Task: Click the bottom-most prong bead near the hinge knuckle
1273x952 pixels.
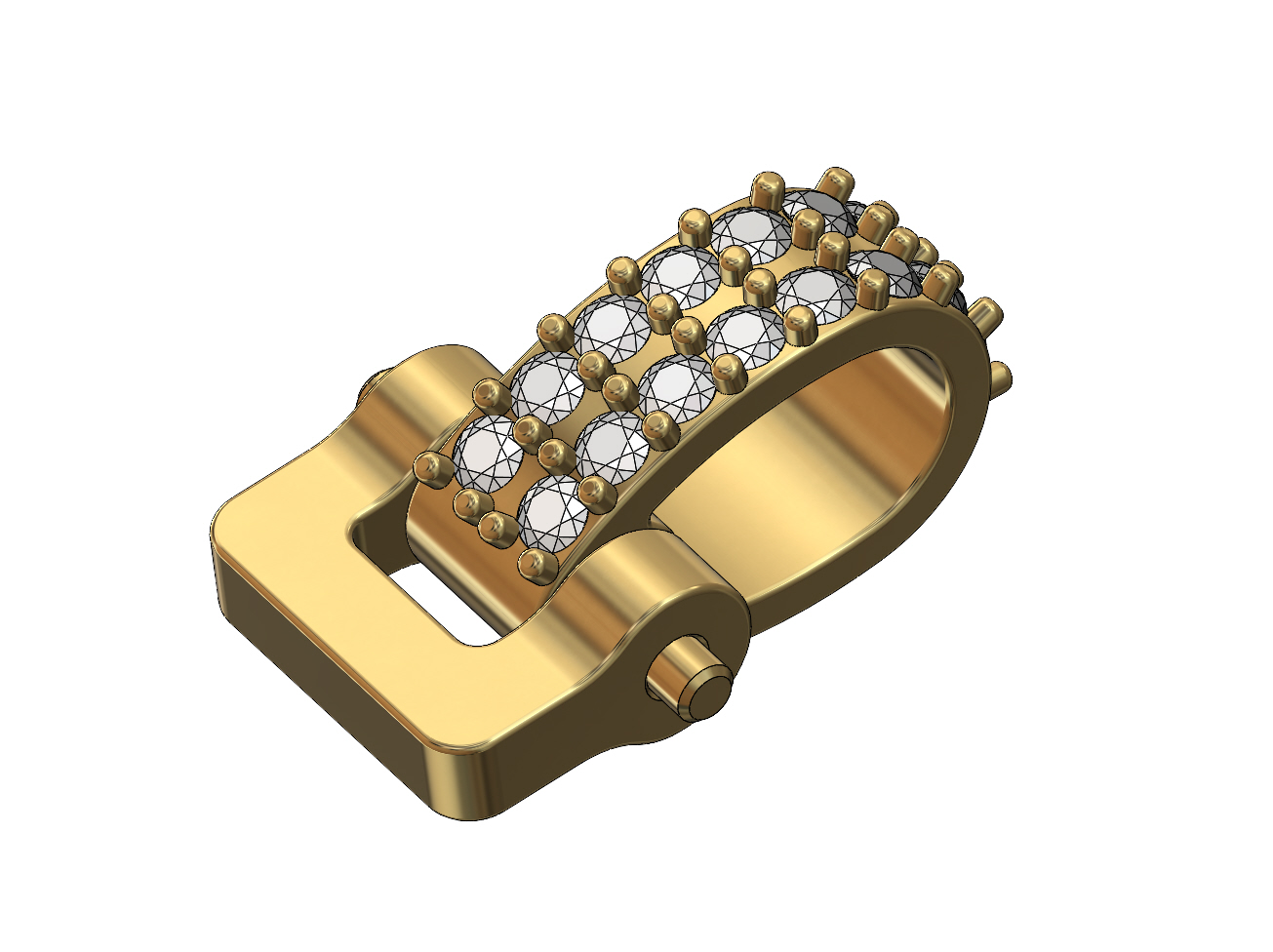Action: point(532,563)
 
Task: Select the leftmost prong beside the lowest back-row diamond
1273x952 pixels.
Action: point(429,465)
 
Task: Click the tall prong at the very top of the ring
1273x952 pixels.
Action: point(834,181)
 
